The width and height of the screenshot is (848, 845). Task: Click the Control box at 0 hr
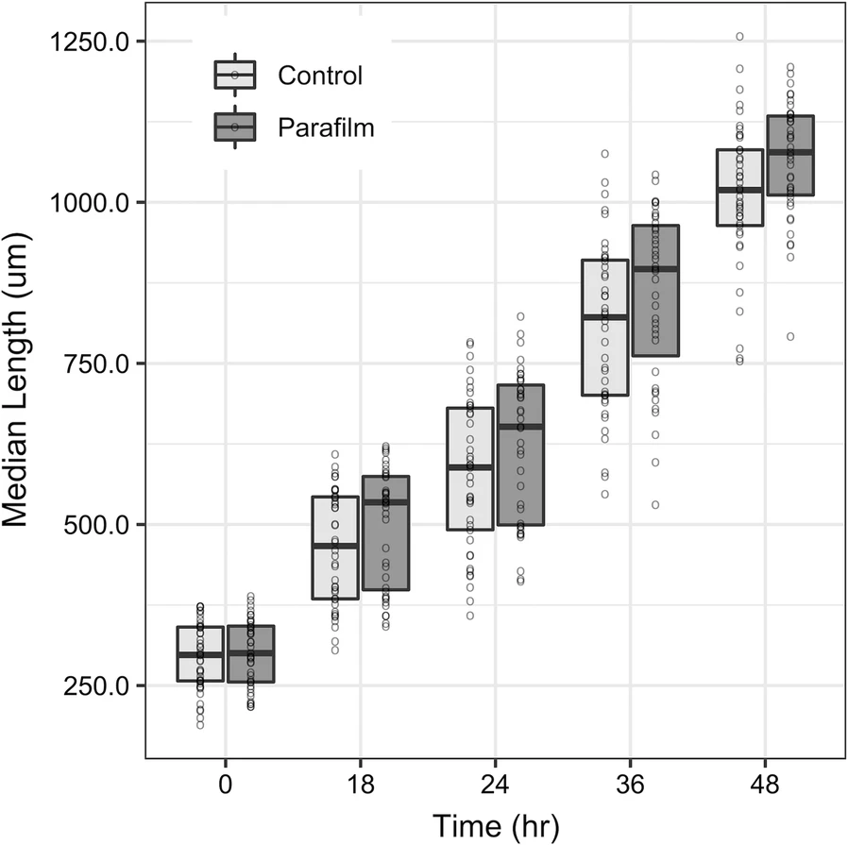click(x=200, y=653)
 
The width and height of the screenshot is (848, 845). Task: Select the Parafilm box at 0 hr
click(x=250, y=653)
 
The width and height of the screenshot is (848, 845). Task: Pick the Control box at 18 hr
click(x=335, y=548)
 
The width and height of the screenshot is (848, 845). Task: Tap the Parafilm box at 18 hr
click(x=385, y=533)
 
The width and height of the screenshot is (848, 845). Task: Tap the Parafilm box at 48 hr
click(x=790, y=156)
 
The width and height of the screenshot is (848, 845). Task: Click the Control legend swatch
click(x=234, y=75)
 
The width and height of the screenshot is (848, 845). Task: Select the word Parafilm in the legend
click(x=326, y=127)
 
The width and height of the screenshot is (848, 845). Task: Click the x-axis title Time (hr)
click(x=496, y=825)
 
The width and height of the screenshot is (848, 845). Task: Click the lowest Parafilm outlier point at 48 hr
click(x=790, y=336)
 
